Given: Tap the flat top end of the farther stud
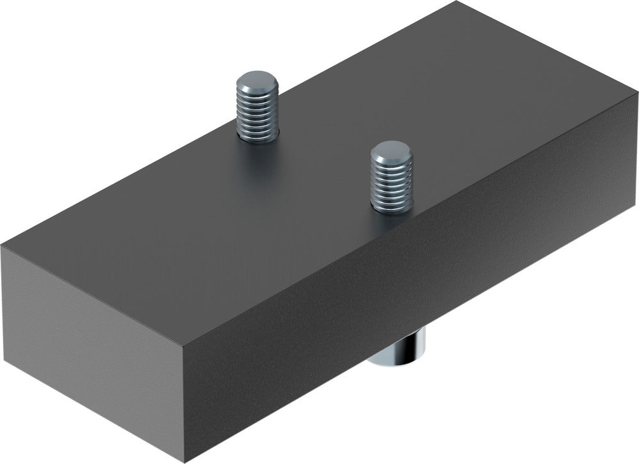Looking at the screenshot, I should [x=257, y=82].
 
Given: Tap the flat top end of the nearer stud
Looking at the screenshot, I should [x=392, y=153].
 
